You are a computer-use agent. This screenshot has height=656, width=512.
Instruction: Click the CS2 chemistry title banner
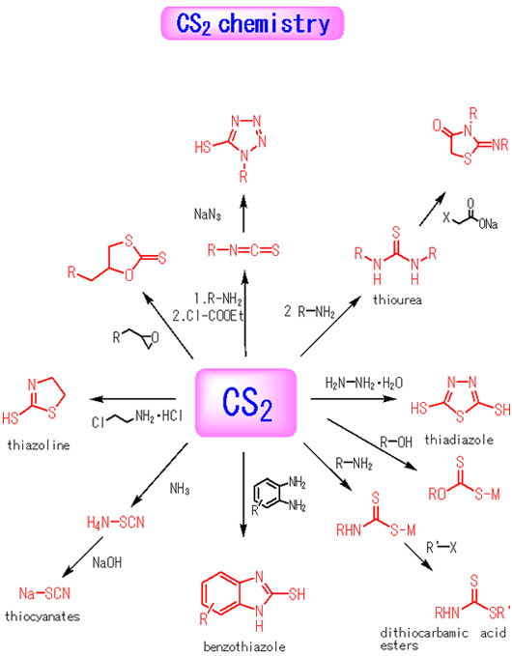coord(252,23)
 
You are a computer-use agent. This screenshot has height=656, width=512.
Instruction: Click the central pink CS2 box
coord(246,403)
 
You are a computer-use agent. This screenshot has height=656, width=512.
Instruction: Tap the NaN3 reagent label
coord(207,214)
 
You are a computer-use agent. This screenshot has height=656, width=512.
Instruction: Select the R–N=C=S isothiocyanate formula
coord(243,250)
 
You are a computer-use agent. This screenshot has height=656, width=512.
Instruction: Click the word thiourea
coord(397,299)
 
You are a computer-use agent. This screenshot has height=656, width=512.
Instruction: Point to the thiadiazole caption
coord(459,440)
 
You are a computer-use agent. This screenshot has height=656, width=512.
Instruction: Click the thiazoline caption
coord(39,444)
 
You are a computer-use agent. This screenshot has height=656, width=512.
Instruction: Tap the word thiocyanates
coord(43,616)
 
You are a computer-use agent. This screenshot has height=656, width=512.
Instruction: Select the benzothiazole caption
coord(244,646)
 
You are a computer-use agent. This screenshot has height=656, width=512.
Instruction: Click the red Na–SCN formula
coord(44,593)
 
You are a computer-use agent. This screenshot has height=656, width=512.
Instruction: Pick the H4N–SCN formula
coord(116,522)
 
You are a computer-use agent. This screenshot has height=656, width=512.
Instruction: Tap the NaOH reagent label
coord(107,562)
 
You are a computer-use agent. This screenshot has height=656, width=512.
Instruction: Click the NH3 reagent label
coord(180,488)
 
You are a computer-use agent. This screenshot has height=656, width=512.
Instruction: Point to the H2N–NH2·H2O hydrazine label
coord(364,383)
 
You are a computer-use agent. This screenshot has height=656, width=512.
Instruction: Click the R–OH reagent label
coord(396,442)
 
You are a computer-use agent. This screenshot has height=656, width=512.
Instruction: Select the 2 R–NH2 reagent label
coord(309,312)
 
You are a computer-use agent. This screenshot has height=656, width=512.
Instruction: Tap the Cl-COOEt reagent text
coord(208,316)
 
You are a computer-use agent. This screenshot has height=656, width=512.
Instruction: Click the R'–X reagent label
coord(441,547)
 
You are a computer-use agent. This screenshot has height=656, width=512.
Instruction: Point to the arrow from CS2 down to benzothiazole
coord(243,495)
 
